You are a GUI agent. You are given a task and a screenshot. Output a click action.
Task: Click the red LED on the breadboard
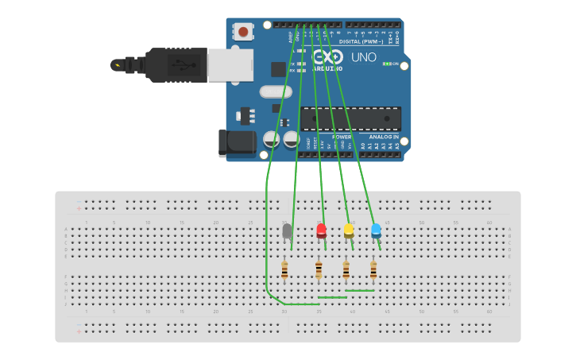point(321,230)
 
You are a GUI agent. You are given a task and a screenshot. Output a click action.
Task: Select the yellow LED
point(349,230)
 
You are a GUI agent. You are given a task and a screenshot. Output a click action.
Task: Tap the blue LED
point(376,230)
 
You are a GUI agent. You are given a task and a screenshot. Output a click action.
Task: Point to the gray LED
point(287,230)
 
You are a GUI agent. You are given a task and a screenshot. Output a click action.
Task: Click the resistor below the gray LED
point(284,270)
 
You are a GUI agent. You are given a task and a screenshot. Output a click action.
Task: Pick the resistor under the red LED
point(319,270)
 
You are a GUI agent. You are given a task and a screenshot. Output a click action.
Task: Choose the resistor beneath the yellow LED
point(346,270)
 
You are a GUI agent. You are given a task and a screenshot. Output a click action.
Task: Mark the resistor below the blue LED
point(373,270)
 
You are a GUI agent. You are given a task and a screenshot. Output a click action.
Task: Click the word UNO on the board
point(363,57)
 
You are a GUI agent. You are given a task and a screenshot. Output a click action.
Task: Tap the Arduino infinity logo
point(327,56)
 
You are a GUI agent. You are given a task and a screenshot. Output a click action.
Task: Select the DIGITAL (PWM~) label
point(361,41)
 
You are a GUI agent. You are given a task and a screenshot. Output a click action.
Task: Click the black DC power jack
point(237,142)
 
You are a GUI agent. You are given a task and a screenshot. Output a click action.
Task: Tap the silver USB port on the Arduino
point(230,65)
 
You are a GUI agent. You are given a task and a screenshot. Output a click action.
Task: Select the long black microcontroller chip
point(350,119)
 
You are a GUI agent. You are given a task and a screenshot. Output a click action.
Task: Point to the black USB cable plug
point(175,64)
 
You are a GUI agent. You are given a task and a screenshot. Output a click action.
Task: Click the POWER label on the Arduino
point(342,137)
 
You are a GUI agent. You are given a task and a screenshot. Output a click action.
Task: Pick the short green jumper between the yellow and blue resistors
point(359,290)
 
